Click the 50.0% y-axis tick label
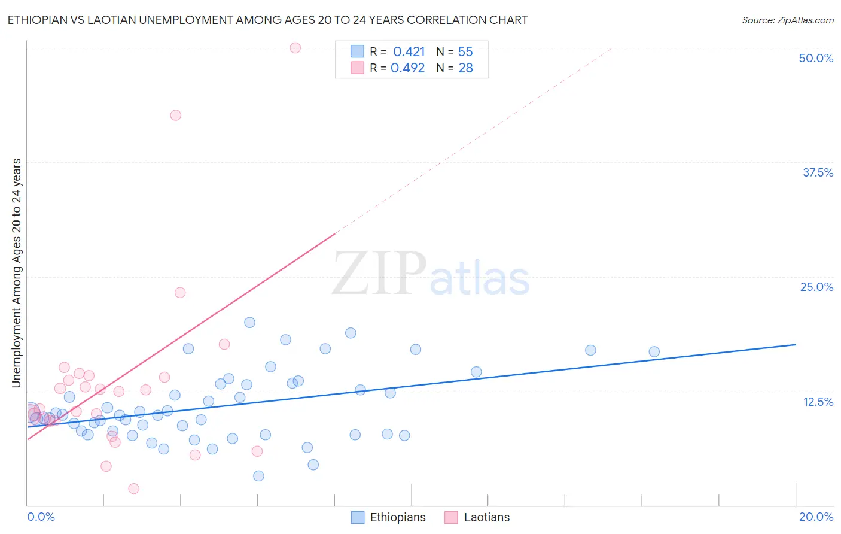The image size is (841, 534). [816, 58]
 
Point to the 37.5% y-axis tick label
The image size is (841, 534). [818, 172]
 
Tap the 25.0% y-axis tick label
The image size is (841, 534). [816, 287]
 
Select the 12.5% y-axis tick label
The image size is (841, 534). [818, 402]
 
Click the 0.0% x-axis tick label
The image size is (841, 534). [41, 517]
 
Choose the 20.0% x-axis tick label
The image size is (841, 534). [816, 517]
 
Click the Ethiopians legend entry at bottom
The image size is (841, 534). [397, 517]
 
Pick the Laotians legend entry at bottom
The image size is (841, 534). [486, 517]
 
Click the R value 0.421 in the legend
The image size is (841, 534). [409, 52]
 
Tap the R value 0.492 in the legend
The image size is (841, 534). [408, 68]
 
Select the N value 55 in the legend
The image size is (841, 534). [465, 52]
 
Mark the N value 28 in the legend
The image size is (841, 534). [465, 68]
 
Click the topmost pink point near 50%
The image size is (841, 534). [295, 48]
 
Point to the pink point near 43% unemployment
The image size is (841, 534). [175, 115]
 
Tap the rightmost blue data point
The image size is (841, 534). [654, 351]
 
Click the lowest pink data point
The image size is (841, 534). [134, 489]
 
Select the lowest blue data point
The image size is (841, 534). [258, 476]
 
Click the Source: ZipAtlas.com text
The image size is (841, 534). [787, 20]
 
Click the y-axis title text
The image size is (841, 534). [17, 273]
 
